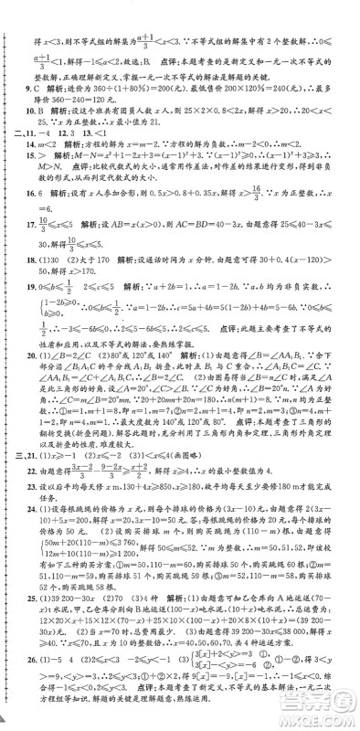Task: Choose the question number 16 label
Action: [x=28, y=220]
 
